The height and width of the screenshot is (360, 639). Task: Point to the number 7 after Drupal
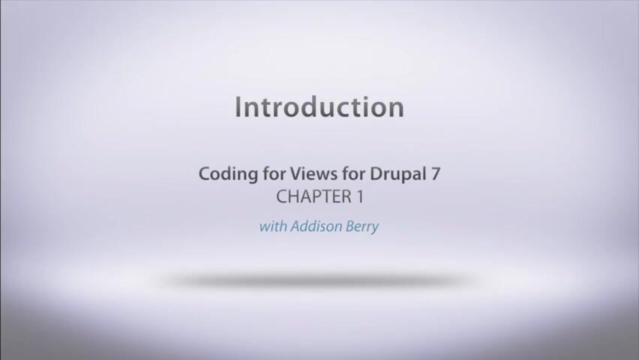[x=434, y=175]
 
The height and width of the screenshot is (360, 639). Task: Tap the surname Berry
[x=361, y=226]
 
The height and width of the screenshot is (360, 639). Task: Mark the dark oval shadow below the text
[x=319, y=280]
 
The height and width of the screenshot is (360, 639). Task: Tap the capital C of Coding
[x=204, y=175]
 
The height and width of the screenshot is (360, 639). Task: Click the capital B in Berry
[x=349, y=226]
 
